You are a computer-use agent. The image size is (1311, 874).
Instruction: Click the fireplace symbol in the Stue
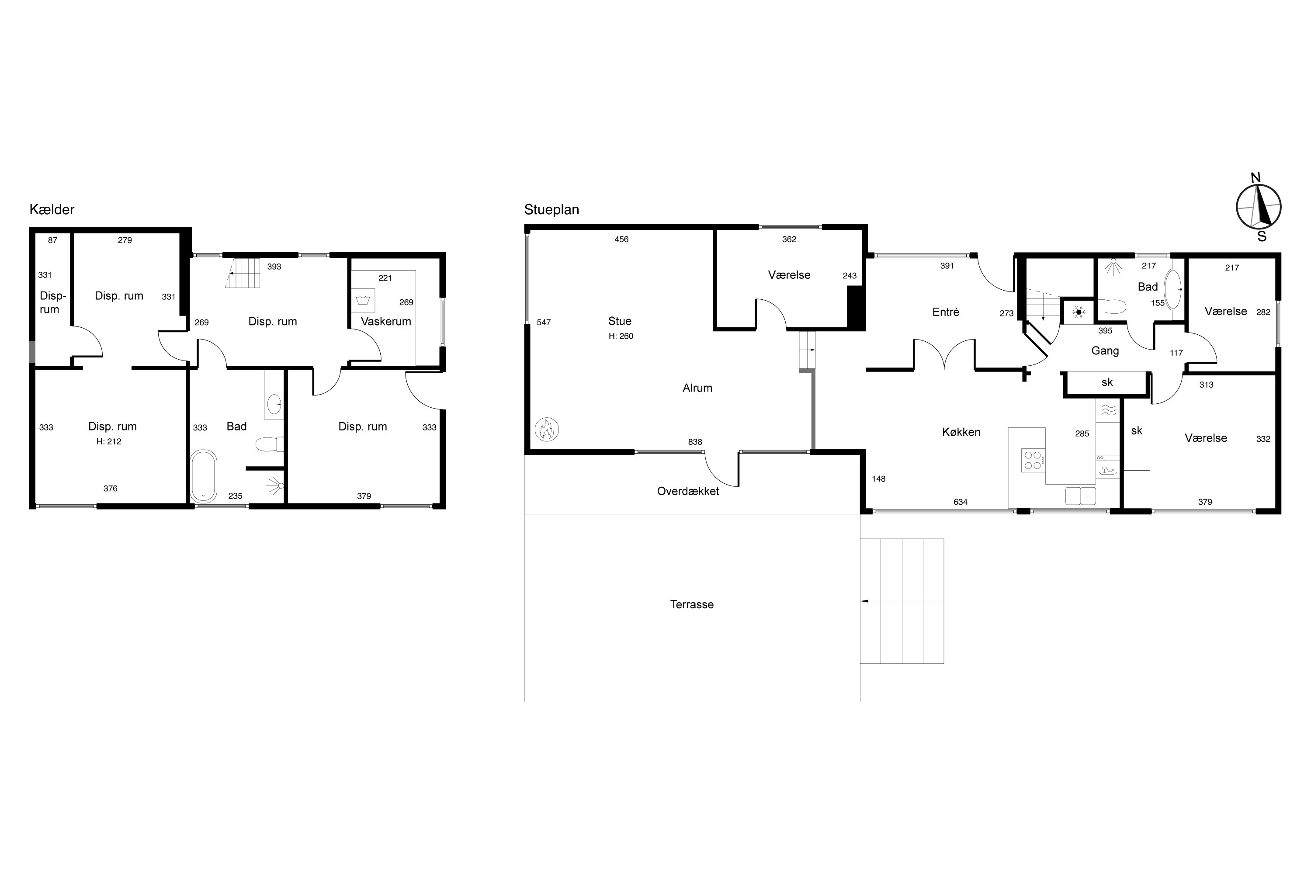546,430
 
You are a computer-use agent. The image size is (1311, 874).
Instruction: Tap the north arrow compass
1259,207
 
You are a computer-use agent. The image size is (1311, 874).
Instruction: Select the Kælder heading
52,210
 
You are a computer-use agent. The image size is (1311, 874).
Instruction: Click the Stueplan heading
551,210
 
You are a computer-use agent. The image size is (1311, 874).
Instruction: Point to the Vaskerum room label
386,322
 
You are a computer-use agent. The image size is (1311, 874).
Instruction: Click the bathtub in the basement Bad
204,477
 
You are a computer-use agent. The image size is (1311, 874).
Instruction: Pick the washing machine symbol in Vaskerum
363,301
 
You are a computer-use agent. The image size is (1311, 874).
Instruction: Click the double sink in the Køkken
1080,496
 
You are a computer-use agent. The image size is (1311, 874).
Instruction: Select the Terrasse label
692,605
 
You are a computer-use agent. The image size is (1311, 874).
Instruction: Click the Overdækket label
688,492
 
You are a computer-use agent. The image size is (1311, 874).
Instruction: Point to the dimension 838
695,442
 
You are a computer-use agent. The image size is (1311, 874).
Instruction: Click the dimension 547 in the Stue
544,322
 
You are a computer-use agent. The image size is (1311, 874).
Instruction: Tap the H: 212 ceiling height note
109,441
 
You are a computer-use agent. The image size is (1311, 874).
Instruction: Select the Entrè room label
946,312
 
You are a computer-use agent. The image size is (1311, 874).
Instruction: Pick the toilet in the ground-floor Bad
1111,307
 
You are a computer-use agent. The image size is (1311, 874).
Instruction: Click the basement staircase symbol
243,273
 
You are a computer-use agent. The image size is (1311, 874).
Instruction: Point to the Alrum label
697,388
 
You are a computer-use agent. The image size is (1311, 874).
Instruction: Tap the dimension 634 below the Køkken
961,502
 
